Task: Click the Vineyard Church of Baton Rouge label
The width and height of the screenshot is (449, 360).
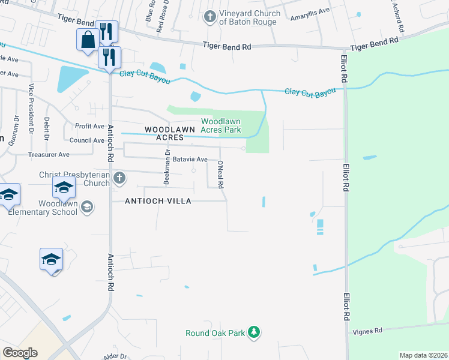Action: [249, 18]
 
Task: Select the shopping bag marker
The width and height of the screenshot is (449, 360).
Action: [88, 40]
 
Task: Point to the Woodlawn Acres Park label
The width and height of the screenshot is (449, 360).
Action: [220, 125]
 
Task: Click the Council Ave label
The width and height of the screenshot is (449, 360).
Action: [86, 140]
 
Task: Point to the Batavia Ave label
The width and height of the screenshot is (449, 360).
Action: [190, 160]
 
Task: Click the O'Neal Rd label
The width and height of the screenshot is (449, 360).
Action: [221, 175]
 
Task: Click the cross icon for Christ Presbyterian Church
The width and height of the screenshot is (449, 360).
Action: [119, 178]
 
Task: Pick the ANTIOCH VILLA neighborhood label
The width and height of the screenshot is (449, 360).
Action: [158, 201]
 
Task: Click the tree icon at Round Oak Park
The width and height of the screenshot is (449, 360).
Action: [254, 332]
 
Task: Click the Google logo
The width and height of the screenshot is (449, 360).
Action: [20, 353]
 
